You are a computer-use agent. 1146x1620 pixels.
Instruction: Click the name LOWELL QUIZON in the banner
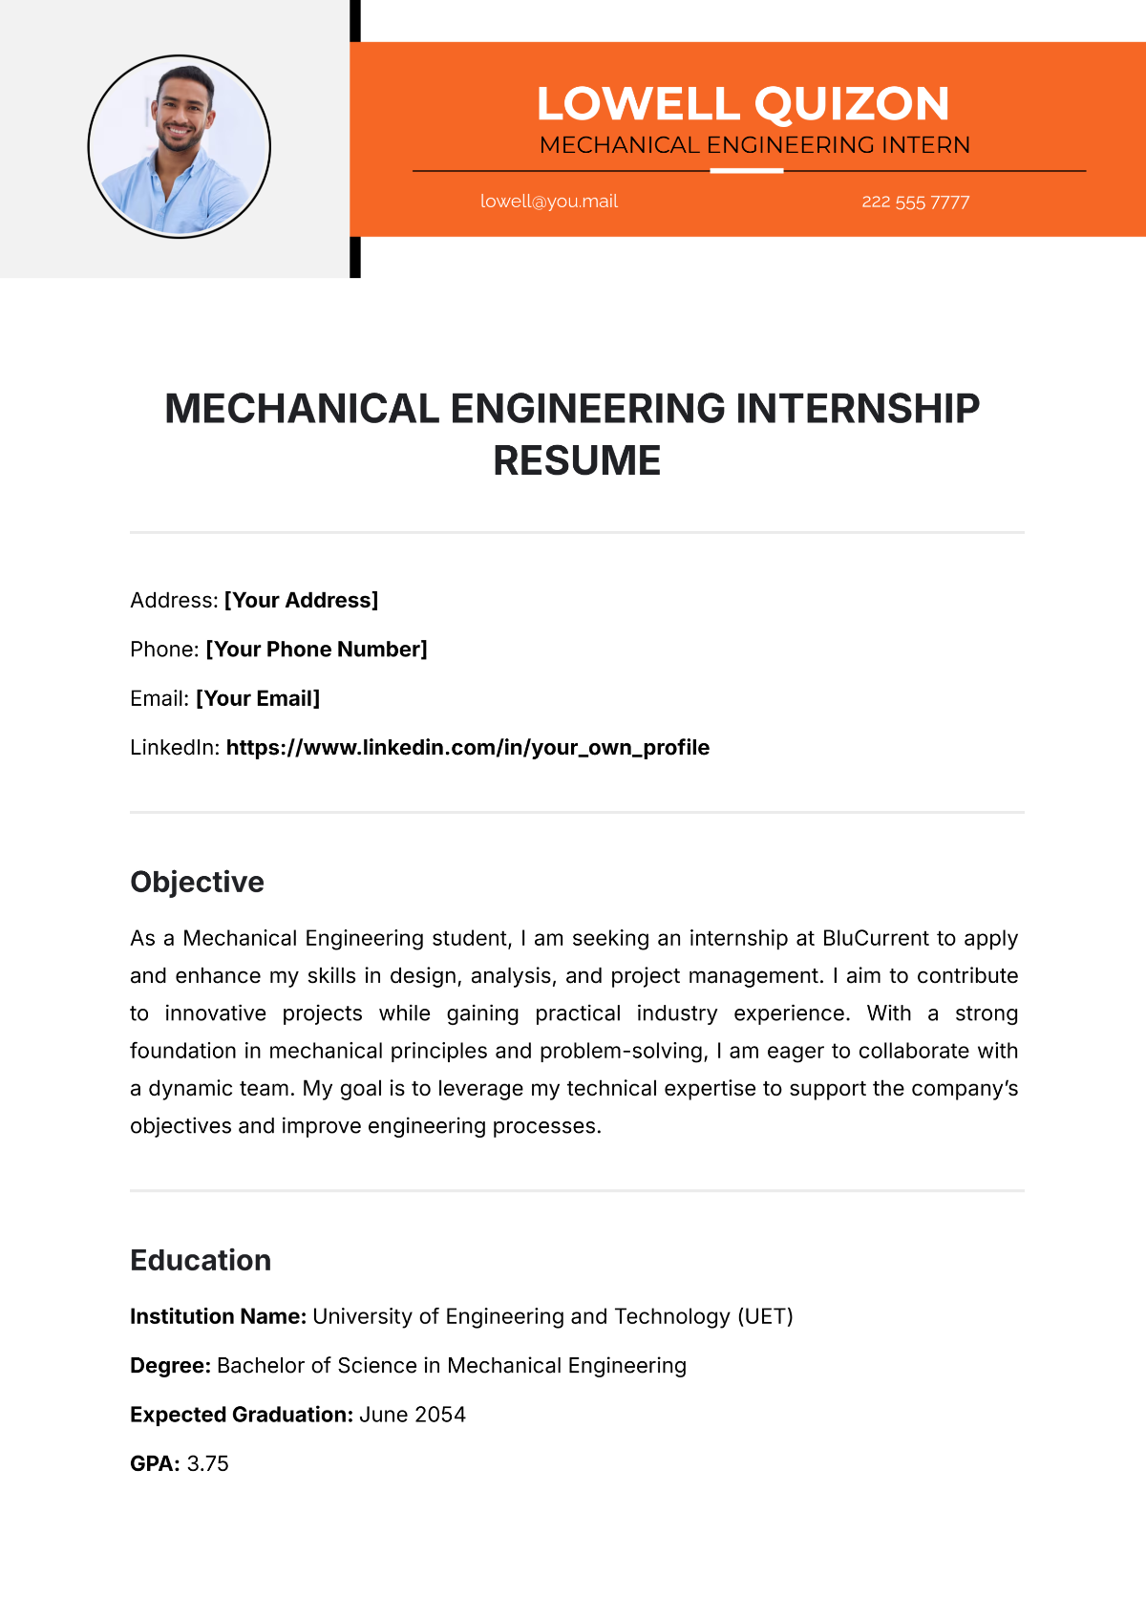point(743,104)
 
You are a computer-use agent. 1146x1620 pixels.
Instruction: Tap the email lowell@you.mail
point(549,202)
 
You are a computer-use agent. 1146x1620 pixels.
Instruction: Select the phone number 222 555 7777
point(915,202)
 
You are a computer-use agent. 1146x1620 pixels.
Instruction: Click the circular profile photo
point(180,146)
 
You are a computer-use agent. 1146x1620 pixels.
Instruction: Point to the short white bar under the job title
point(747,171)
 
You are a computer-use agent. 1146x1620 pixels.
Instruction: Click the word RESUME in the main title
point(577,461)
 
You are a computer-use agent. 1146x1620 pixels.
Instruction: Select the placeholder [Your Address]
point(301,600)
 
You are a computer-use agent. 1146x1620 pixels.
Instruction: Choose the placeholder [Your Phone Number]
point(316,650)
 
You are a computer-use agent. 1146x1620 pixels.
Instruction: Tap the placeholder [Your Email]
point(258,698)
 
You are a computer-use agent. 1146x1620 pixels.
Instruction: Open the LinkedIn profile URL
point(467,748)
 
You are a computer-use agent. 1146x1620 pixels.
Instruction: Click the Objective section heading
point(197,882)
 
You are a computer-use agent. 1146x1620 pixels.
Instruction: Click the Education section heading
point(201,1260)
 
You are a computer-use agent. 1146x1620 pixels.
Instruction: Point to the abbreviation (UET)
point(765,1316)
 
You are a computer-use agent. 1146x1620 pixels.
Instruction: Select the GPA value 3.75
point(207,1463)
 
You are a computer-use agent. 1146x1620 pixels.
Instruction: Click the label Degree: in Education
point(170,1366)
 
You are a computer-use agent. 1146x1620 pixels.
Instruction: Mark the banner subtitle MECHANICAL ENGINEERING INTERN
point(754,145)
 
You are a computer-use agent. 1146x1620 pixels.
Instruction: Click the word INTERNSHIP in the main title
point(857,409)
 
